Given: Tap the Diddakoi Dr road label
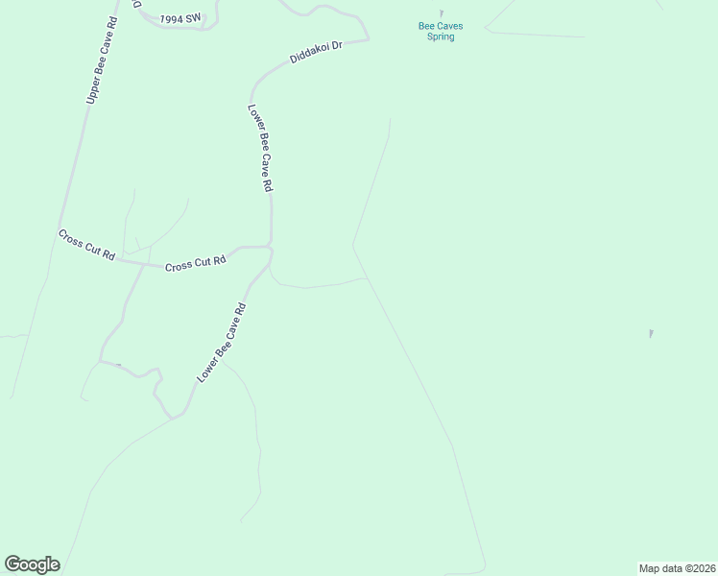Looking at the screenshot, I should pos(316,52).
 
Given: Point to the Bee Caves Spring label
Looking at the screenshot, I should pos(441,32).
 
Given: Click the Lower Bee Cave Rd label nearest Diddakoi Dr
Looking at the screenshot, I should pos(256,150).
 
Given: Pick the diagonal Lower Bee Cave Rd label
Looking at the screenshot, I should pos(222,344).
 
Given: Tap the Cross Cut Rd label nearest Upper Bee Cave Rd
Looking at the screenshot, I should pos(86,246).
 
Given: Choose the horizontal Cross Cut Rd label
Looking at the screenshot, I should pos(195,262).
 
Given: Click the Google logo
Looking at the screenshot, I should pos(32,564).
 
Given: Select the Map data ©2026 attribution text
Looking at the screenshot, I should pos(676,567).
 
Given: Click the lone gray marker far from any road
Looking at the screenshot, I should pos(651,333).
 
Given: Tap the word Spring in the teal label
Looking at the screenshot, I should pos(441,37).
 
